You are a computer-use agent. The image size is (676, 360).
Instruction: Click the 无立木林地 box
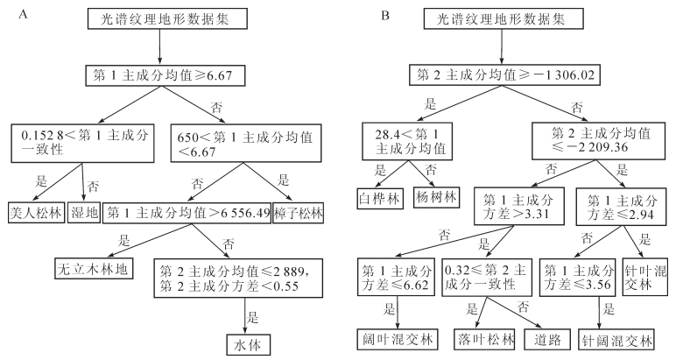pyautogui.click(x=89, y=269)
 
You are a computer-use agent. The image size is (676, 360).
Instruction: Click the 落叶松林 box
pyautogui.click(x=483, y=337)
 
